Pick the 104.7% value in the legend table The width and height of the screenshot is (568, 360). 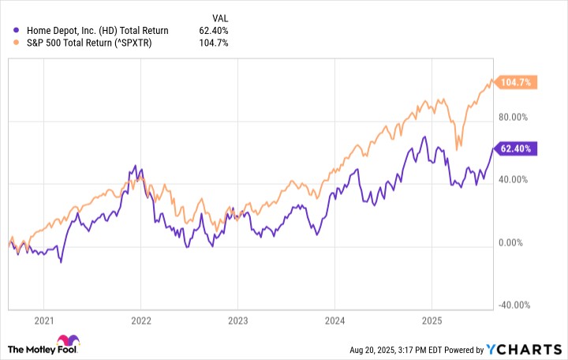(x=213, y=43)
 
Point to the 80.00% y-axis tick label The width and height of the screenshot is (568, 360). (x=514, y=118)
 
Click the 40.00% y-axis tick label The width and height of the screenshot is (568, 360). (x=514, y=181)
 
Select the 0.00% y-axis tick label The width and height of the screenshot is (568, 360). (x=516, y=243)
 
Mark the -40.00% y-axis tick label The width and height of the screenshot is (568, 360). (x=512, y=306)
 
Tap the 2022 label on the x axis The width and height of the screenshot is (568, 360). (x=140, y=321)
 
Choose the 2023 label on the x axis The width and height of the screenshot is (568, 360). (x=237, y=321)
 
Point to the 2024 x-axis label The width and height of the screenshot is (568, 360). (x=334, y=321)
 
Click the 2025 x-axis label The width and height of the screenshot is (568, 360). (x=431, y=321)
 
